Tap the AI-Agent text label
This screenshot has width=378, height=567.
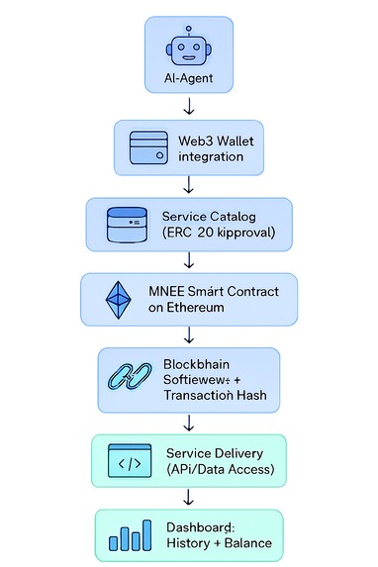pyautogui.click(x=188, y=78)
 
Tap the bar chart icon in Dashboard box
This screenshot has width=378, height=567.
pyautogui.click(x=132, y=535)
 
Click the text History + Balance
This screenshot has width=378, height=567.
pyautogui.click(x=219, y=543)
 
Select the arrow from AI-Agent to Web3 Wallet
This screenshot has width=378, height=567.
pyautogui.click(x=188, y=106)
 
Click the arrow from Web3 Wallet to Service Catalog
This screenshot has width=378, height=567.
pyautogui.click(x=188, y=183)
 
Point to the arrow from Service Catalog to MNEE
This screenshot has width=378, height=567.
pyautogui.click(x=188, y=260)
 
